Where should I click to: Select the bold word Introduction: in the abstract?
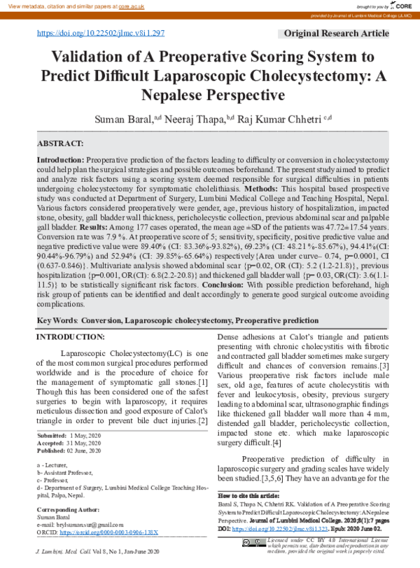[60, 160]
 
